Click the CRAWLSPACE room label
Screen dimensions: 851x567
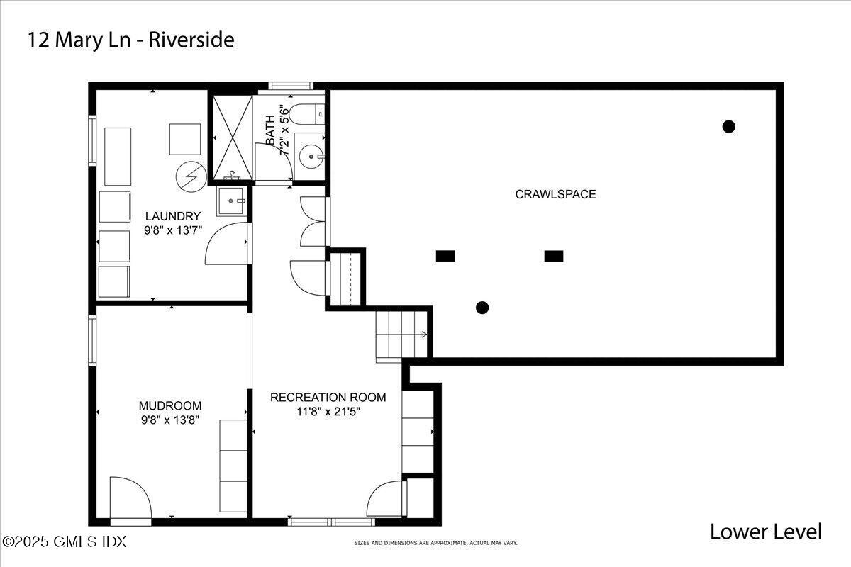click(555, 194)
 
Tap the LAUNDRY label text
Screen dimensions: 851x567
click(173, 216)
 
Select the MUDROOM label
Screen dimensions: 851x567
click(170, 405)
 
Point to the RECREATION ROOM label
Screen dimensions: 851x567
click(328, 397)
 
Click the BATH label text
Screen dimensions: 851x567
click(270, 130)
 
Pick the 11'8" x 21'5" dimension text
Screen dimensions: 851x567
click(328, 412)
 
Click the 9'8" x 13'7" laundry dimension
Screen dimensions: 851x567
click(173, 230)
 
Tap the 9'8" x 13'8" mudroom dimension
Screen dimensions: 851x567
click(170, 420)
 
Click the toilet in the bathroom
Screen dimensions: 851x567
click(306, 114)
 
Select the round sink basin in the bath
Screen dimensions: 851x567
click(311, 157)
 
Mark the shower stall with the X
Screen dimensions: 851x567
click(233, 137)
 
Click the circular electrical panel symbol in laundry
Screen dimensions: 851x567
click(191, 176)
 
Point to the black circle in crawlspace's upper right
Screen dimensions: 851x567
click(729, 126)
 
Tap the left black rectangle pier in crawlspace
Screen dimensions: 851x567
click(445, 256)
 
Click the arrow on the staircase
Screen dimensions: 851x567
click(423, 335)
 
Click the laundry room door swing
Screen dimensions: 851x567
click(226, 243)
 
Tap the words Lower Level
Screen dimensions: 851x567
click(766, 532)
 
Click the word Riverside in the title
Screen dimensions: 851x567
click(191, 40)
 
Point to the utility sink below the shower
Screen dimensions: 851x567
click(231, 201)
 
